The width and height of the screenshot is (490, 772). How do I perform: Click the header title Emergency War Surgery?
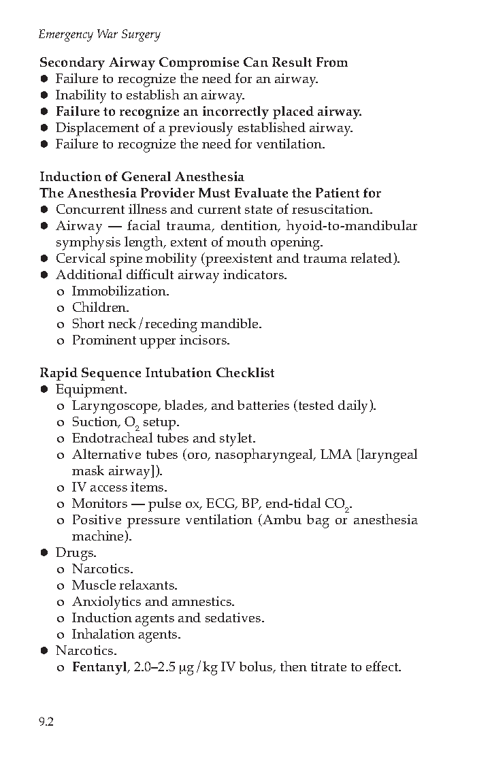99,34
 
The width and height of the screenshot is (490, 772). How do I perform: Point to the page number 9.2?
46,722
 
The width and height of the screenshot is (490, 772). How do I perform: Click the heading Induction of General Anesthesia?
142,177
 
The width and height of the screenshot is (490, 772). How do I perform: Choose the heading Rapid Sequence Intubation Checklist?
157,373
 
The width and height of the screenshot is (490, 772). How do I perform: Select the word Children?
99,308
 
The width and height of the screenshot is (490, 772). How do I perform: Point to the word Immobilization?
120,291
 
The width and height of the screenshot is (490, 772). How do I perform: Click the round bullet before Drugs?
44,553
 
